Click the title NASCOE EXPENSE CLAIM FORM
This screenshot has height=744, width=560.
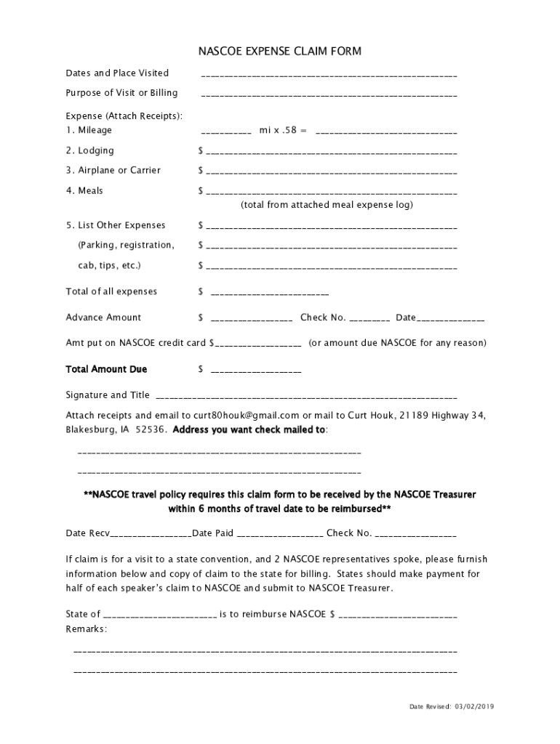pos(280,52)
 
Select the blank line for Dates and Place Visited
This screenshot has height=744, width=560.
pos(329,74)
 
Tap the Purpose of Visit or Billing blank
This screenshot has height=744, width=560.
pos(329,94)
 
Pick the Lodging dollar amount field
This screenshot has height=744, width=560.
pos(331,152)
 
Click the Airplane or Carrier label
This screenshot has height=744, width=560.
pos(113,171)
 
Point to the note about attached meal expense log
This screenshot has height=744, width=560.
pos(327,206)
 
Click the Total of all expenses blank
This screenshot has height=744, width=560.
pos(269,293)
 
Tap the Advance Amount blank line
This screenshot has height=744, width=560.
pos(252,319)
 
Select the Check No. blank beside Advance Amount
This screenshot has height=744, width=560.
pos(369,319)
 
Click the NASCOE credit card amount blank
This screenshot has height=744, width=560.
pos(257,344)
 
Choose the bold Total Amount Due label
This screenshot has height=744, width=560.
pos(106,370)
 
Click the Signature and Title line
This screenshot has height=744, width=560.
pos(306,397)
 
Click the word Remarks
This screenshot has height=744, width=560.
pos(86,629)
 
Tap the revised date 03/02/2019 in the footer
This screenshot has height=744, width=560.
pos(474,707)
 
